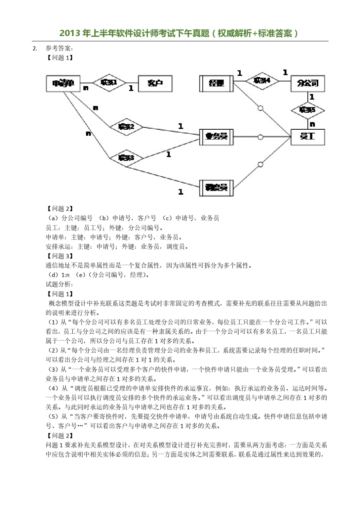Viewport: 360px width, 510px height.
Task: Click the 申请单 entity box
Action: pos(63,83)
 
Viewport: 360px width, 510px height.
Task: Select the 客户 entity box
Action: pos(155,83)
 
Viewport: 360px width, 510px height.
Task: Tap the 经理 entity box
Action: pos(216,83)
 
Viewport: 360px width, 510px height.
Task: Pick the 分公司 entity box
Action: pos(308,83)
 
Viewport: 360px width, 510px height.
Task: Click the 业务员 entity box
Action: pos(216,137)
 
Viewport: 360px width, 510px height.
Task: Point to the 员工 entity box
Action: pos(308,137)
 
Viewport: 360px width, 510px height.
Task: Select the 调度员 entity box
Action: pos(216,188)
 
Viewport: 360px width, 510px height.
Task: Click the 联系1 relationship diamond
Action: pos(109,83)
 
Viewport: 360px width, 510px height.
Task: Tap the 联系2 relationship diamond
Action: pos(127,127)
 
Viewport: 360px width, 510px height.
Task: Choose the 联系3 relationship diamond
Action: pos(127,158)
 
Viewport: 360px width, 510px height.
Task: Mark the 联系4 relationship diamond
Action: pos(262,80)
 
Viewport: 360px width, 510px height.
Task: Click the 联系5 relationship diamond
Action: pos(308,110)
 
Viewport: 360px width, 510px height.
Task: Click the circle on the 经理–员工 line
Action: pos(260,108)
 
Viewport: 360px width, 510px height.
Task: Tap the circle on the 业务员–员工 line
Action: pos(260,137)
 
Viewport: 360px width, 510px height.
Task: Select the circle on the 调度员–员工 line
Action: pos(260,165)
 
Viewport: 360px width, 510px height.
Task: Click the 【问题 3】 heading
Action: pos(59,256)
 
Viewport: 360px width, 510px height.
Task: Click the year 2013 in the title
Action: pos(70,33)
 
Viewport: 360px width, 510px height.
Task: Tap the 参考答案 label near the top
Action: pos(59,48)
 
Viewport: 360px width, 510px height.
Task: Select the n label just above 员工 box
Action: pos(312,124)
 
